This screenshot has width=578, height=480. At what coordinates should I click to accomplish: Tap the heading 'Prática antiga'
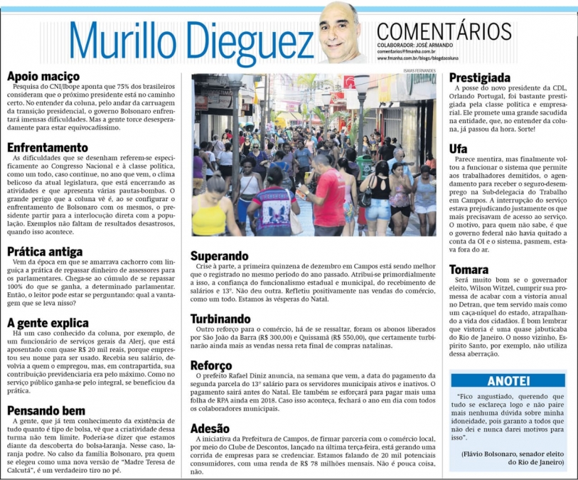click(x=45, y=251)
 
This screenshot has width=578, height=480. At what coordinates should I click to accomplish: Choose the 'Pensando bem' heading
click(x=46, y=410)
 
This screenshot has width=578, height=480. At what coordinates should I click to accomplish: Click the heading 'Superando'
click(x=220, y=256)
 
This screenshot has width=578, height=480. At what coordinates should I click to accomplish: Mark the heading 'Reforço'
click(x=212, y=366)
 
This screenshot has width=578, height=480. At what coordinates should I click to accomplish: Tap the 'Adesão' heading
click(x=210, y=428)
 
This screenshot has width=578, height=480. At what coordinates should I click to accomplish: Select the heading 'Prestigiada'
click(x=480, y=77)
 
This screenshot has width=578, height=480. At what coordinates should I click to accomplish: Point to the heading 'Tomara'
click(x=469, y=270)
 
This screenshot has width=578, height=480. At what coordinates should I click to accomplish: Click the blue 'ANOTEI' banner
click(x=508, y=380)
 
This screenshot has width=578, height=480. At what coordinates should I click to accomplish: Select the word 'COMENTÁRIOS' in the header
click(x=444, y=31)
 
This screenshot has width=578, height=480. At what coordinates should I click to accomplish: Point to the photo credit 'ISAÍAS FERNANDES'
click(x=418, y=70)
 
